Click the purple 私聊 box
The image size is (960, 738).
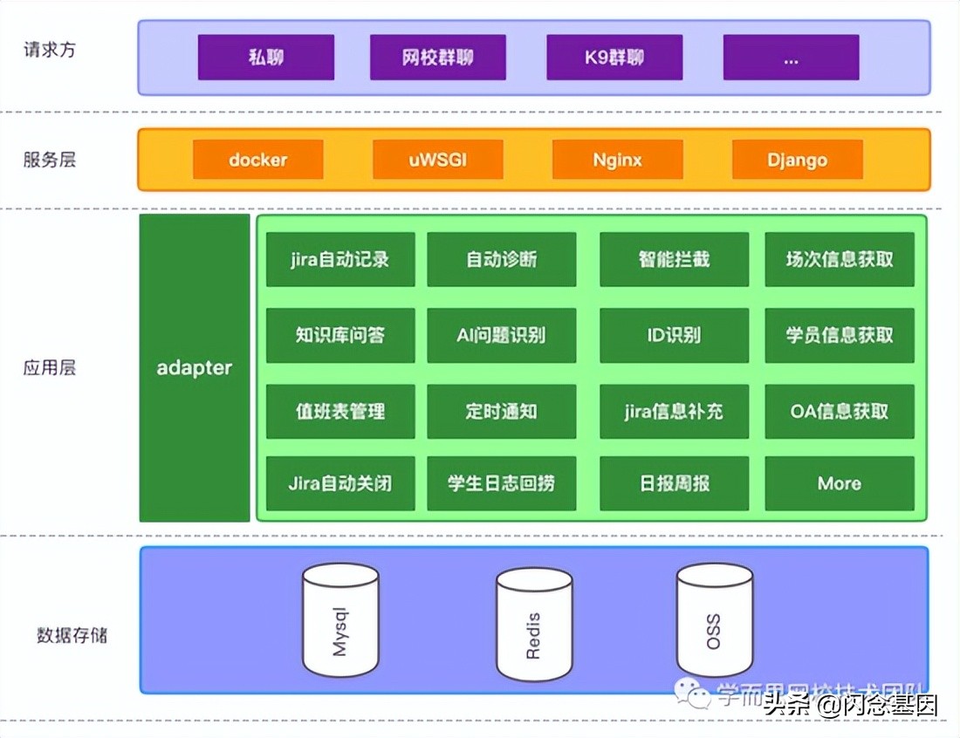pos(265,58)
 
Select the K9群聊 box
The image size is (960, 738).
pos(614,58)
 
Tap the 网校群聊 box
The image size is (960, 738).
pos(437,58)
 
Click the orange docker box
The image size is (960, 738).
pos(257,160)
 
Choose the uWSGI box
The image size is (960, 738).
pos(437,160)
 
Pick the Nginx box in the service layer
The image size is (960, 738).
pos(617,160)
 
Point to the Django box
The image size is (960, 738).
pos(797,160)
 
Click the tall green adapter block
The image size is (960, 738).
pos(194,367)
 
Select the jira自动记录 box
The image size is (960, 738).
pos(339,259)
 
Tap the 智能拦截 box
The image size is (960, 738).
pos(674,259)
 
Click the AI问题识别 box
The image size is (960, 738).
pos(501,335)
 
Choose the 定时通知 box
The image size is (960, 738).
pos(501,411)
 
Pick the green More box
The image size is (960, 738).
pos(839,483)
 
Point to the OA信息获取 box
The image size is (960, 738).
pos(839,411)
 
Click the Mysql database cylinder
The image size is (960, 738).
pos(340,620)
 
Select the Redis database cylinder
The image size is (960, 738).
pos(534,625)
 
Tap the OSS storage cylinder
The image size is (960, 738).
pos(714,620)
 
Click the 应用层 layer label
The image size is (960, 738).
pos(50,367)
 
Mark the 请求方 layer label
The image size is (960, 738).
pos(50,50)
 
